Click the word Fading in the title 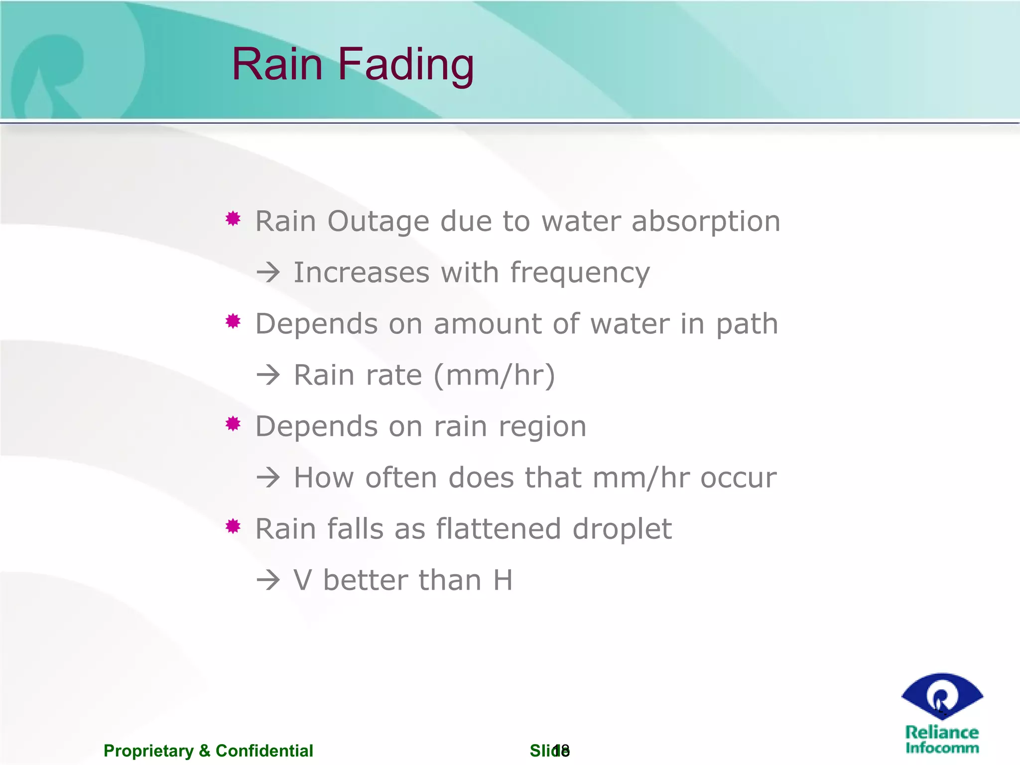(405, 65)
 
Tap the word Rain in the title (277, 65)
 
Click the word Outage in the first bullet (378, 221)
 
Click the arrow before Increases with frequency (268, 273)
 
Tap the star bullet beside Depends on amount (233, 321)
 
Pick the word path (747, 325)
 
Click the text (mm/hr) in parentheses (494, 376)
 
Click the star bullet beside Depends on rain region (233, 424)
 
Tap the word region (542, 428)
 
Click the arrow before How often (268, 478)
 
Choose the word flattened (498, 529)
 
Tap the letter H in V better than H (503, 580)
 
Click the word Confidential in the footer (264, 751)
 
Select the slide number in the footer (562, 750)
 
